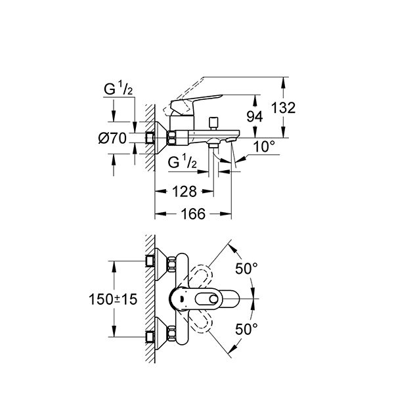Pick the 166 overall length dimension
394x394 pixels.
point(192,213)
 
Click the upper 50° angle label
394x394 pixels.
point(246,269)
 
